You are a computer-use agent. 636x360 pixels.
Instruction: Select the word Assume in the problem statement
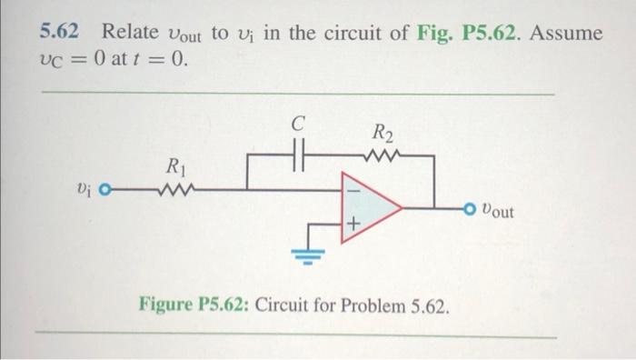pos(566,33)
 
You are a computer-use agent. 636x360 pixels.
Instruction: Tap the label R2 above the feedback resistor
pos(384,135)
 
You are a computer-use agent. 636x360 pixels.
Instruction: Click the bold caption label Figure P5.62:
pos(194,303)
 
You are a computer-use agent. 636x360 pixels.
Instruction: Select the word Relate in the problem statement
pos(133,32)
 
